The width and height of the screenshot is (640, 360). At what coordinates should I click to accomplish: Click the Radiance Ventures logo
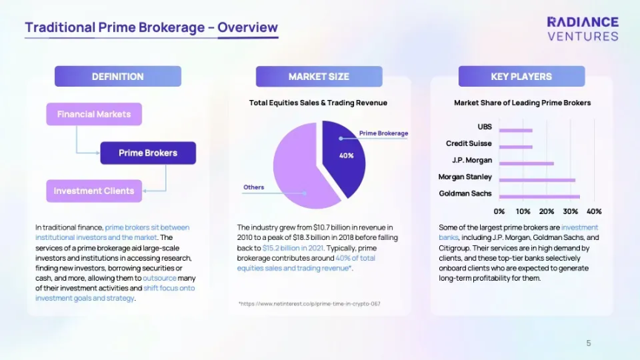pos(583,29)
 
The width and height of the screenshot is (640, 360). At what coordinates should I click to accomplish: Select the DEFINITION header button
pos(118,76)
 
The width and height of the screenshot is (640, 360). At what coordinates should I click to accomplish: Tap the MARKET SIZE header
pos(319,76)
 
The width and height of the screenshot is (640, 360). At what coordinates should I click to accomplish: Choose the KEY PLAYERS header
pos(521,76)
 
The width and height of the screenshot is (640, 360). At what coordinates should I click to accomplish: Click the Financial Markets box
pos(94,114)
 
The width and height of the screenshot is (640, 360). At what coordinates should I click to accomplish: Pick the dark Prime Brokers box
pos(148,153)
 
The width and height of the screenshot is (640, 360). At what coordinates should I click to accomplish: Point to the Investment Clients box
pos(94,191)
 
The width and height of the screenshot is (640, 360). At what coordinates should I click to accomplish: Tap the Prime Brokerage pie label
pos(384,133)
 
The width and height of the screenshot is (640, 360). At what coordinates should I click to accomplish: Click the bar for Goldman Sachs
pos(539,197)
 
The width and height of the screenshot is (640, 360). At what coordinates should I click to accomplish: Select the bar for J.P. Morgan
pos(527,163)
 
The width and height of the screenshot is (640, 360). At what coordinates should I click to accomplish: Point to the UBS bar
pos(516,130)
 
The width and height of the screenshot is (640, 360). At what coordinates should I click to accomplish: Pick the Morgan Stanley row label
pos(465,177)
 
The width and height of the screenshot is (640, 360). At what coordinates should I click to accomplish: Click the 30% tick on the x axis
pos(570,211)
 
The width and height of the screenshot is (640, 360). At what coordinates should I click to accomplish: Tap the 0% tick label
pos(499,211)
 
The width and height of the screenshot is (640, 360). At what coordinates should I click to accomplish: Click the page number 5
pos(589,343)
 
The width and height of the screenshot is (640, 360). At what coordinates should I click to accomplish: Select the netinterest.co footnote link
pos(310,304)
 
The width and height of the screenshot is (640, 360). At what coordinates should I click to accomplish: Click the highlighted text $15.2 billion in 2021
pos(293,247)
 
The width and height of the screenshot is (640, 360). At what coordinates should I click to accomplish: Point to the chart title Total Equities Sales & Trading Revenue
pos(318,103)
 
